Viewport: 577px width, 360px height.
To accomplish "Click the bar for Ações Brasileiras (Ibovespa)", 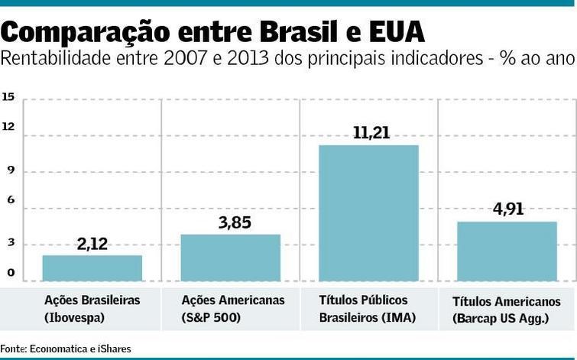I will (x=92, y=268).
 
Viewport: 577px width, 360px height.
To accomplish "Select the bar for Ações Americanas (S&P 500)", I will (x=230, y=258).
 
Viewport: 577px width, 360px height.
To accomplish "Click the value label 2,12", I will (x=93, y=245).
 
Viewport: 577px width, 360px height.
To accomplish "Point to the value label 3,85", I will (x=233, y=223).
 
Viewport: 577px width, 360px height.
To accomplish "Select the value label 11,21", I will (x=371, y=133).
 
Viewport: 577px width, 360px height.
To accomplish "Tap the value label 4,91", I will (x=507, y=209).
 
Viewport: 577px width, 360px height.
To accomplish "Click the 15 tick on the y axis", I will (x=8, y=97).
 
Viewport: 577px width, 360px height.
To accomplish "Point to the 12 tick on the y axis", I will (x=8, y=127).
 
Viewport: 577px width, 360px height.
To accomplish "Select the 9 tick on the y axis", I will (x=10, y=171).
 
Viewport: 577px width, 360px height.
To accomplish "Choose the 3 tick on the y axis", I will (x=10, y=243).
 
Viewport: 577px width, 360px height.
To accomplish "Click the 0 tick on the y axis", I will (x=10, y=273).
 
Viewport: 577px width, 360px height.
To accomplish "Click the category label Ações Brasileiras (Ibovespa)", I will (x=92, y=308).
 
